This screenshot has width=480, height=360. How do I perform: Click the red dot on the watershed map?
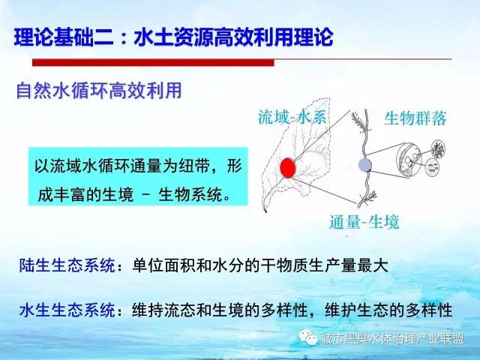pyautogui.click(x=288, y=168)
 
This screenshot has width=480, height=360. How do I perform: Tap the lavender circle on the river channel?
pyautogui.click(x=365, y=165)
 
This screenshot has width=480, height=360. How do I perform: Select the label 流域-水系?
pyautogui.click(x=292, y=117)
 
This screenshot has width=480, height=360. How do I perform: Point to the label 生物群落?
pyautogui.click(x=415, y=118)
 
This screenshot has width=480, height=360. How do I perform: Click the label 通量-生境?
pyautogui.click(x=364, y=222)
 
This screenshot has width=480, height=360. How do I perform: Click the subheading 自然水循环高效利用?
pyautogui.click(x=99, y=91)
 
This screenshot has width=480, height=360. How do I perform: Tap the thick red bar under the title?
pyautogui.click(x=153, y=62)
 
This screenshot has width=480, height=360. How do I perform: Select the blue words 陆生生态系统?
pyautogui.click(x=67, y=265)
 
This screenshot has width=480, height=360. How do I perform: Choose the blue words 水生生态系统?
pyautogui.click(x=67, y=310)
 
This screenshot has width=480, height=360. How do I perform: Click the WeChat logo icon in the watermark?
pyautogui.click(x=307, y=338)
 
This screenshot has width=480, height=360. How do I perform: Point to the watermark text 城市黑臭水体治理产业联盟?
pyautogui.click(x=392, y=338)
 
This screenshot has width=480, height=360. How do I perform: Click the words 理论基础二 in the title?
pyautogui.click(x=64, y=37)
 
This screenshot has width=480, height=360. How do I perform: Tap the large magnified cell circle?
pyautogui.click(x=409, y=160)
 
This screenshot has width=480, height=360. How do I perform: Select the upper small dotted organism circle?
pyautogui.click(x=438, y=148)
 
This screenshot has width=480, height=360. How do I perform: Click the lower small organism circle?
pyautogui.click(x=433, y=167)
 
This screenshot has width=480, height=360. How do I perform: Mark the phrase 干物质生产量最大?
pyautogui.click(x=325, y=265)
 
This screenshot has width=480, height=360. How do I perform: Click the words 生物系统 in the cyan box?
pyautogui.click(x=190, y=195)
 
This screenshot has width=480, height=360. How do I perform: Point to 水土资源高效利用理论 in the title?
pyautogui.click(x=233, y=37)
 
